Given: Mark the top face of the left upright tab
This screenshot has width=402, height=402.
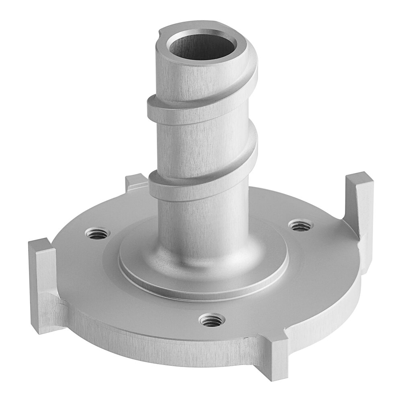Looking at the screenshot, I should pos(39,244).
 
